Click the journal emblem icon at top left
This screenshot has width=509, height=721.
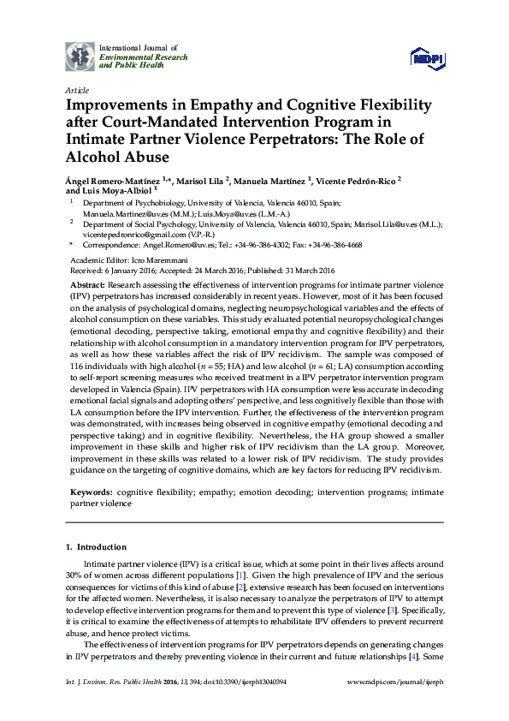tap(80, 56)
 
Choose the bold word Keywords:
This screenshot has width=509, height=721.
tap(90, 493)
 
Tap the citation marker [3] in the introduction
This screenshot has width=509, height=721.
tap(417, 609)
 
